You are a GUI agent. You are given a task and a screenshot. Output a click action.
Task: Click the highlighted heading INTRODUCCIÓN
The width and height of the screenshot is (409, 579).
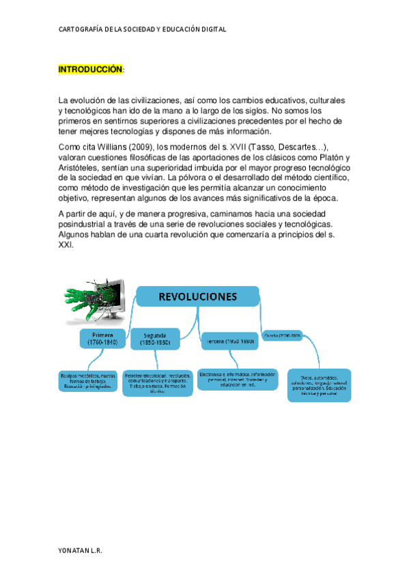point(90,70)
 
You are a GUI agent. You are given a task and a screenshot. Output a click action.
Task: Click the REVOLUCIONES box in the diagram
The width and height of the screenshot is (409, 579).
point(198,296)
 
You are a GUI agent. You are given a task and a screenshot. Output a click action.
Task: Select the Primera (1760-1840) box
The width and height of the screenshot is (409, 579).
point(102,339)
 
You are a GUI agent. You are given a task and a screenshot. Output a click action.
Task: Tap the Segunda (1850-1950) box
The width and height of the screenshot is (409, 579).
point(156,339)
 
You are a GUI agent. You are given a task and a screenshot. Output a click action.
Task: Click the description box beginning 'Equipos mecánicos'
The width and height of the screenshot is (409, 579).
point(87,380)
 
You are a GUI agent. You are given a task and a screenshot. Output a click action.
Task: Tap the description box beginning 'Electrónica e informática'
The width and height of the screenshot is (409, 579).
point(238,380)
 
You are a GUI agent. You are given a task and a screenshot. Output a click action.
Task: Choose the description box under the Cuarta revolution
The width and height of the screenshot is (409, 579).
point(319,385)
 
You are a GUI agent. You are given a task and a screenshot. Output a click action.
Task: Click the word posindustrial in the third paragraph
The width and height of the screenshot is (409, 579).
point(83,224)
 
